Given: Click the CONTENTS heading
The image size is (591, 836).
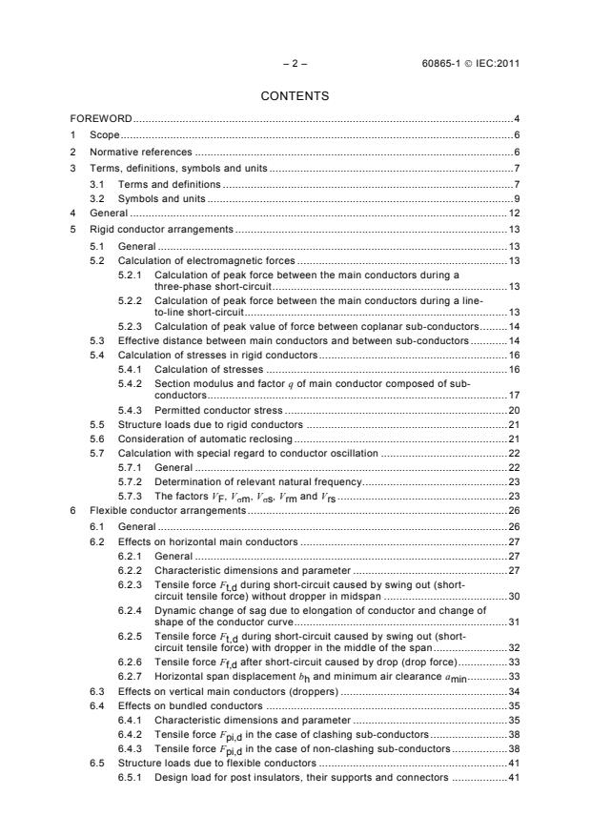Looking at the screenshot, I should tap(295, 95).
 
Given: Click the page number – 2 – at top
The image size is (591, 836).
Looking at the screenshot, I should tap(295, 65).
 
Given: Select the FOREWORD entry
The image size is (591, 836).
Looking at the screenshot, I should tap(101, 119).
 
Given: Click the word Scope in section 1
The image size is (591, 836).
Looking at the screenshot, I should tap(104, 135).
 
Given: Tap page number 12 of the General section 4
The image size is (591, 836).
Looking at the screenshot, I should tap(513, 214).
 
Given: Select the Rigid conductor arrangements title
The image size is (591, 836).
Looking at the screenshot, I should tap(160, 230).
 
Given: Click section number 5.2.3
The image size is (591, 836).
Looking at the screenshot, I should tap(131, 326).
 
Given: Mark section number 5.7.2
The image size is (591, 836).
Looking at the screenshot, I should tap(131, 482).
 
